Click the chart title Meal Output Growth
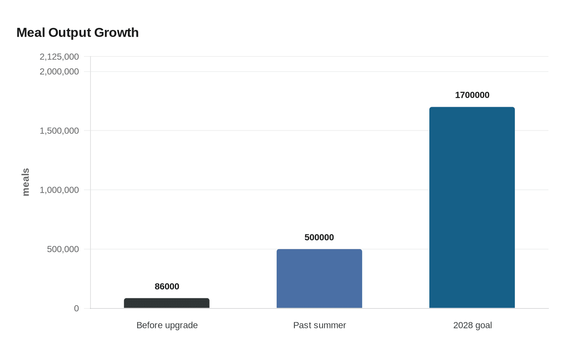(x=77, y=33)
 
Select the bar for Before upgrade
(x=167, y=303)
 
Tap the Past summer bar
(x=319, y=279)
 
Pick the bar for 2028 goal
(x=472, y=207)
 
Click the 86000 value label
(x=167, y=286)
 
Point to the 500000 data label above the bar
(x=319, y=237)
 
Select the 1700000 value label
(x=472, y=95)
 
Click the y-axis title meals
(x=26, y=182)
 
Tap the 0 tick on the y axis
(x=77, y=308)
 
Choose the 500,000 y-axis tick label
(x=63, y=249)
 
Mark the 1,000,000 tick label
(x=59, y=190)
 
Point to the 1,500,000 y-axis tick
(x=59, y=130)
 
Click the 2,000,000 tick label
(x=59, y=72)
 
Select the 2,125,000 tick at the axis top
(x=59, y=56)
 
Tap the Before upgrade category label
(x=167, y=325)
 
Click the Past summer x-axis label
(x=320, y=325)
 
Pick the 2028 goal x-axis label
(x=472, y=325)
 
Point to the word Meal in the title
(x=31, y=33)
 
